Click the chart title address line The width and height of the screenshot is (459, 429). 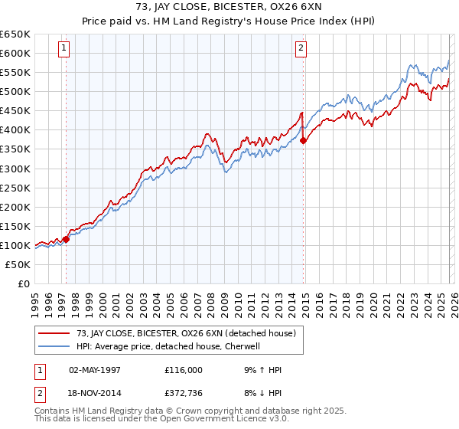tap(229, 8)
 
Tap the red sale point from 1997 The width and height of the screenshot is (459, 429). tap(66, 239)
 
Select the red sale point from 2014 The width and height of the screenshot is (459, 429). tap(304, 140)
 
